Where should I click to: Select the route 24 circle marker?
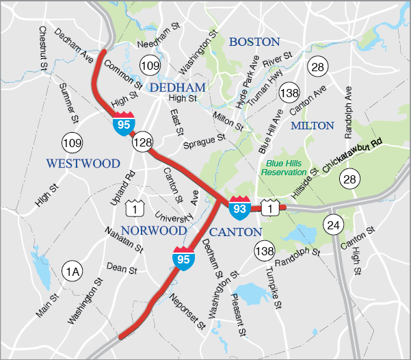[333, 224]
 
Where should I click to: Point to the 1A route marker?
[72, 272]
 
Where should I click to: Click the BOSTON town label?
[254, 42]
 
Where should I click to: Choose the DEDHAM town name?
[178, 88]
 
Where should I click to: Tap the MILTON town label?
[313, 126]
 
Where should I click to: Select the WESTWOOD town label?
[83, 164]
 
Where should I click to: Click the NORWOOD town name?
[153, 231]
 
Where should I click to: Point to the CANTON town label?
[235, 232]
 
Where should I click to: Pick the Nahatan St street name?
[124, 240]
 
